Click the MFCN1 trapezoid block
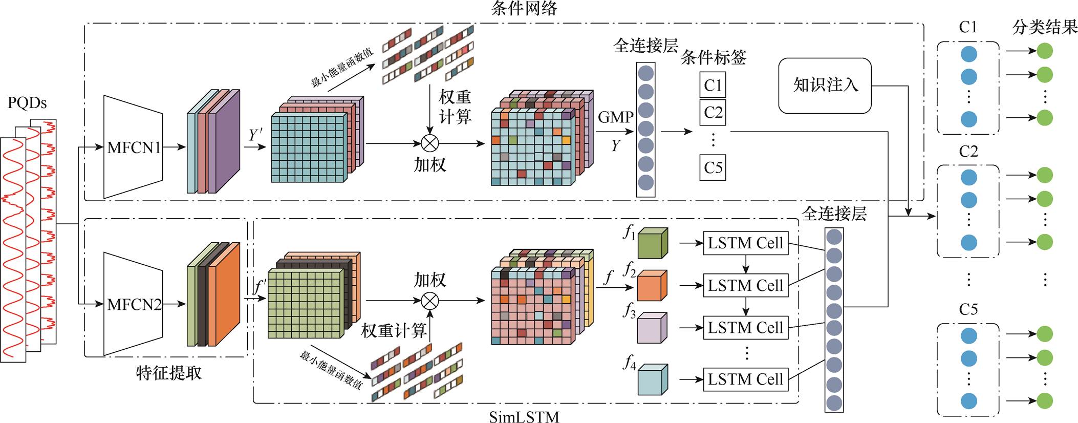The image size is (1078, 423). pyautogui.click(x=133, y=147)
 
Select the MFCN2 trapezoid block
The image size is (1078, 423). pyautogui.click(x=133, y=304)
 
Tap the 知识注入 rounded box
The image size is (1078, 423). pyautogui.click(x=825, y=86)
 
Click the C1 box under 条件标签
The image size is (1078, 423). pyautogui.click(x=713, y=85)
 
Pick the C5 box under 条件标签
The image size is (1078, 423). pyautogui.click(x=713, y=167)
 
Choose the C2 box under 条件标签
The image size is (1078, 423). pyautogui.click(x=713, y=112)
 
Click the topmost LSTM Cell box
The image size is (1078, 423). pyautogui.click(x=745, y=243)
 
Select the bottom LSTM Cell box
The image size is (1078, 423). pyautogui.click(x=745, y=379)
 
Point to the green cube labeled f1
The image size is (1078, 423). pyautogui.click(x=653, y=243)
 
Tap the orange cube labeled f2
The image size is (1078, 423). pyautogui.click(x=652, y=286)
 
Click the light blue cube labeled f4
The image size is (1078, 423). pyautogui.click(x=653, y=380)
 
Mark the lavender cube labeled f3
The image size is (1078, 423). pyautogui.click(x=652, y=328)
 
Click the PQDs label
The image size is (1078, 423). pyautogui.click(x=27, y=103)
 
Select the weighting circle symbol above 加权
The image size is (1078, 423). pyautogui.click(x=429, y=144)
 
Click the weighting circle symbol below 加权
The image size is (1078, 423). pyautogui.click(x=429, y=301)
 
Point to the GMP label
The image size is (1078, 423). pyautogui.click(x=615, y=117)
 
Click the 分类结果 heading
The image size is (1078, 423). pyautogui.click(x=1045, y=27)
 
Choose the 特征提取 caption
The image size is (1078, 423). pyautogui.click(x=169, y=373)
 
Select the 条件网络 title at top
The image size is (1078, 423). pyautogui.click(x=524, y=8)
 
